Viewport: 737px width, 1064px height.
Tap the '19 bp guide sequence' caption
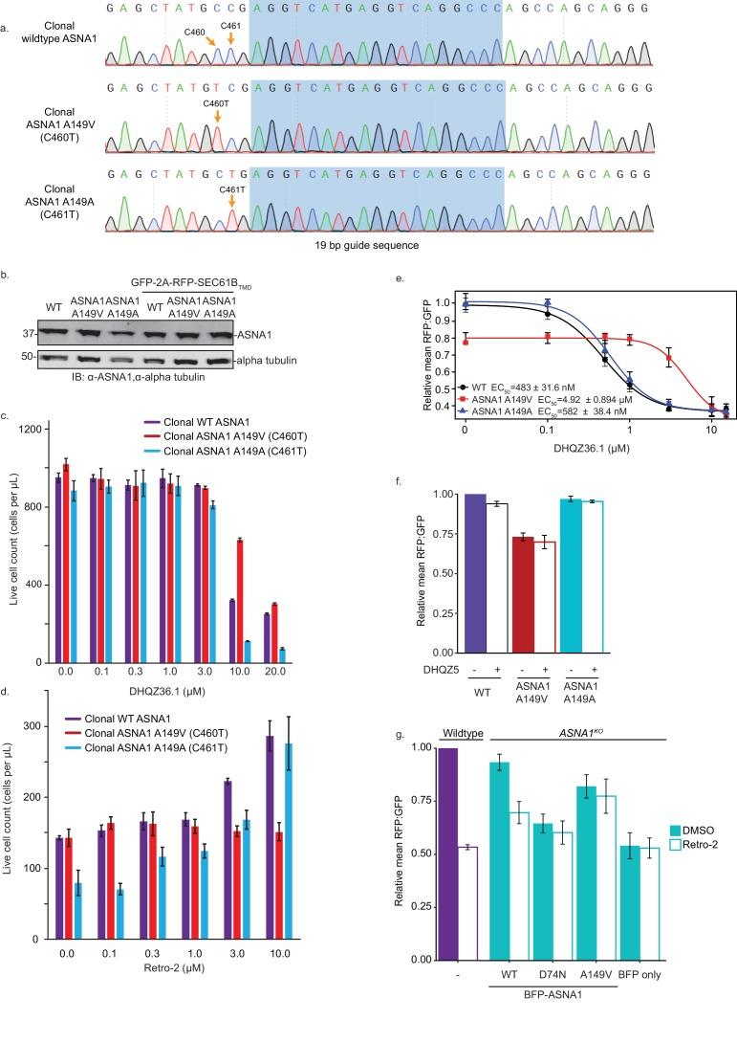coord(376,243)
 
